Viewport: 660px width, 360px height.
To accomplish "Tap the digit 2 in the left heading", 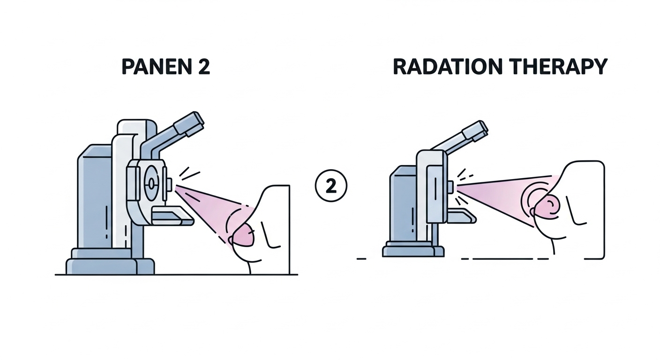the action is pyautogui.click(x=202, y=67).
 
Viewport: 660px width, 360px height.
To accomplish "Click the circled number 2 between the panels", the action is pyautogui.click(x=330, y=187).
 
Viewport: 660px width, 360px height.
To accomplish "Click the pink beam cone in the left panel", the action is pyautogui.click(x=211, y=206).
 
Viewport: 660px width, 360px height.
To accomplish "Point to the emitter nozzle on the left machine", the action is pyautogui.click(x=169, y=184).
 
